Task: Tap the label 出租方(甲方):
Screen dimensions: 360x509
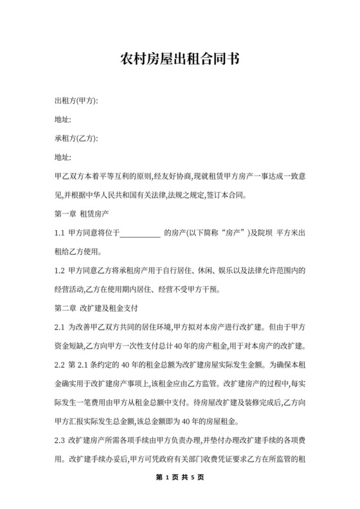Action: tap(76, 101)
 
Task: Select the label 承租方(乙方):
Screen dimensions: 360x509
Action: tap(76, 138)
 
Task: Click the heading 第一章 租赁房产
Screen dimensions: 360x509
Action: tap(82, 213)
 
